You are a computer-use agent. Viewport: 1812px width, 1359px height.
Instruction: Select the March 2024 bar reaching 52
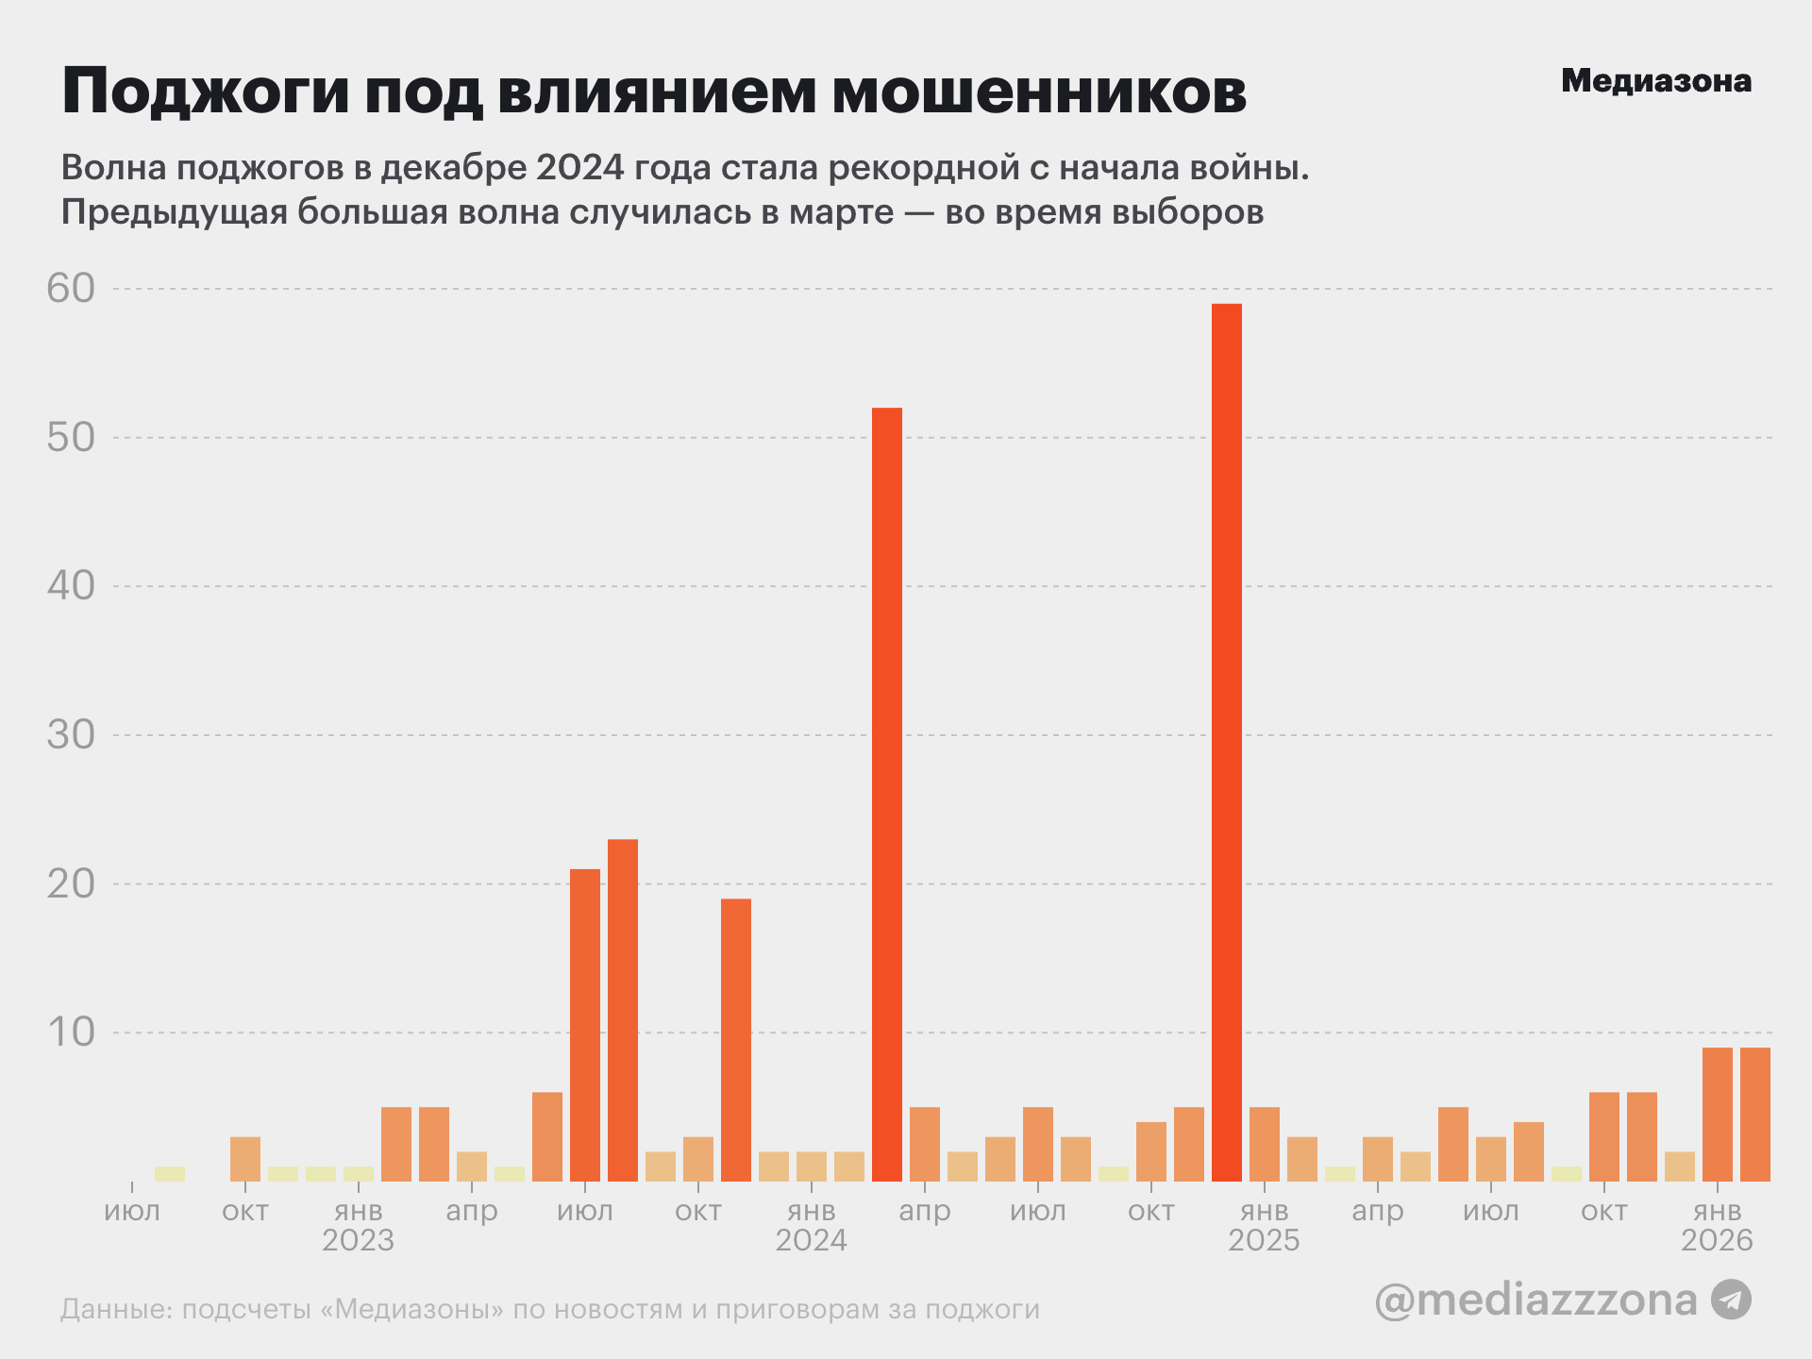pyautogui.click(x=886, y=794)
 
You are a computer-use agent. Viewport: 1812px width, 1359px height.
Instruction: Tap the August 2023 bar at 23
pyautogui.click(x=622, y=1010)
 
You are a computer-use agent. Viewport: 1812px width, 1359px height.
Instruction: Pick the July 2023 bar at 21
pyautogui.click(x=584, y=1025)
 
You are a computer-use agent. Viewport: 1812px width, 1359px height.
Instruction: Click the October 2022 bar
pyautogui.click(x=244, y=1159)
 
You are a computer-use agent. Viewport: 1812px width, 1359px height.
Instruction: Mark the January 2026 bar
pyautogui.click(x=1717, y=1115)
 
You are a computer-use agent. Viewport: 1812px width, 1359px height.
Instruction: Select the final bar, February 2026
pyautogui.click(x=1754, y=1115)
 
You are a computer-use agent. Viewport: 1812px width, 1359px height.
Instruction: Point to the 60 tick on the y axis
pyautogui.click(x=71, y=289)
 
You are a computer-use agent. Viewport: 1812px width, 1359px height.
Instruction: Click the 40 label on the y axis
pyautogui.click(x=71, y=586)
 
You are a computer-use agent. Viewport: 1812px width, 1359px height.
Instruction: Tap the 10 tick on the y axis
pyautogui.click(x=71, y=1032)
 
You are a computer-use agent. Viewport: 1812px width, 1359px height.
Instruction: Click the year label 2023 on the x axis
pyautogui.click(x=358, y=1240)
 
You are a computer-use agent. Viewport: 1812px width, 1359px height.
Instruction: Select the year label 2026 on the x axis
pyautogui.click(x=1717, y=1240)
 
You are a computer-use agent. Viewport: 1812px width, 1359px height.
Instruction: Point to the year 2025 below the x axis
pyautogui.click(x=1264, y=1240)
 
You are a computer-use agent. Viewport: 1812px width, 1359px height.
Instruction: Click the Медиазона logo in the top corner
pyautogui.click(x=1655, y=81)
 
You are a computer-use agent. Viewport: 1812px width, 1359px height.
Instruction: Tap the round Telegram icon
pyautogui.click(x=1731, y=1300)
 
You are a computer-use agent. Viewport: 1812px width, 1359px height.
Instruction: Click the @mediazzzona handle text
pyautogui.click(x=1535, y=1300)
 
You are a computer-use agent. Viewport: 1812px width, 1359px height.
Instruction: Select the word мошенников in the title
pyautogui.click(x=1038, y=92)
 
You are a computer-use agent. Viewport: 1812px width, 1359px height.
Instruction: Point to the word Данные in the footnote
pyautogui.click(x=112, y=1310)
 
